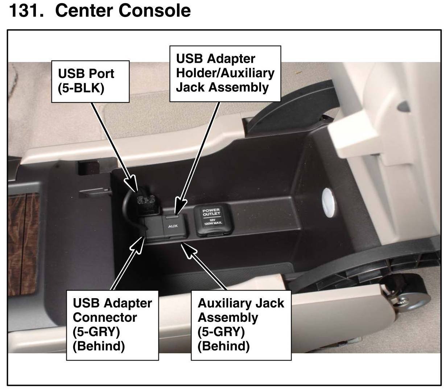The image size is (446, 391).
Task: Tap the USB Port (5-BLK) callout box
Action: point(94,81)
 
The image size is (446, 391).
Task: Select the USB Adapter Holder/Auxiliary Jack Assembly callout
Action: point(225,73)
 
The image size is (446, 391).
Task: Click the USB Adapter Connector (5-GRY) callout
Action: point(112,324)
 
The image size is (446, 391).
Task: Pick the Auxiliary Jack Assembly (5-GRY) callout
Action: point(241,324)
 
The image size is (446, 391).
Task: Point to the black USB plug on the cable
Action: point(148,201)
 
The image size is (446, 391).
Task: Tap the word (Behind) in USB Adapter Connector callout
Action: point(99,346)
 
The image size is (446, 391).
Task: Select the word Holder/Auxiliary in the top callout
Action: point(225,73)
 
